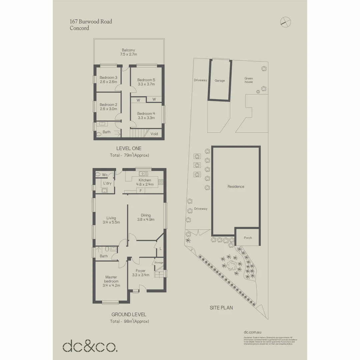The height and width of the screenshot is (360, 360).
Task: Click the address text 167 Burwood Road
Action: tap(91, 22)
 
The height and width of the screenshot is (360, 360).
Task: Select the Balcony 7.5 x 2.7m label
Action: tap(129, 52)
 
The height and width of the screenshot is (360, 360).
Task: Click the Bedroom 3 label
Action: tap(108, 78)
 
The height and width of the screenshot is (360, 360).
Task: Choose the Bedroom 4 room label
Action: tap(146, 113)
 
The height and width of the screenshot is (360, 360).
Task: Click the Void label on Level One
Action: tap(154, 134)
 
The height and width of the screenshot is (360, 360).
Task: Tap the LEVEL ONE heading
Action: tap(129, 148)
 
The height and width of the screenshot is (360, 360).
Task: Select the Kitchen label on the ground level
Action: tap(145, 180)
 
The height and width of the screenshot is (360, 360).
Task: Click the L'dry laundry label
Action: tap(107, 183)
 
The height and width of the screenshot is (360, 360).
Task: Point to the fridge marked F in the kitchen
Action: tap(141, 190)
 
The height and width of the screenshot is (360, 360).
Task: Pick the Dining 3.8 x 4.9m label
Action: tap(146, 217)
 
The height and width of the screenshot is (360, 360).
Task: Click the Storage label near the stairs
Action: tap(159, 263)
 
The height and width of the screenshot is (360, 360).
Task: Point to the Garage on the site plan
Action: tap(220, 80)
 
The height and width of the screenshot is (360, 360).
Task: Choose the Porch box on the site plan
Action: tap(248, 237)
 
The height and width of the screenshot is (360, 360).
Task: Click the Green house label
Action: tap(249, 80)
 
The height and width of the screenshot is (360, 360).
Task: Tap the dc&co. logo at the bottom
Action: tap(90, 346)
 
